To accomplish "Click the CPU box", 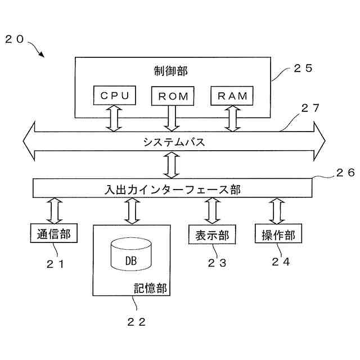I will [115, 96].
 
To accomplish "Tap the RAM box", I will [232, 96].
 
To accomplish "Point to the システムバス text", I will [173, 142].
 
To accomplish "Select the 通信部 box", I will [53, 234].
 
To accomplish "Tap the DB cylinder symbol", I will [130, 255].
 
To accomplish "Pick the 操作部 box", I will [278, 234].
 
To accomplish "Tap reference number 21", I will [56, 262].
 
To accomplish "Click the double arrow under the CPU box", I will [115, 118].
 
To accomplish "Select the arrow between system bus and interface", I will [170, 165].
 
